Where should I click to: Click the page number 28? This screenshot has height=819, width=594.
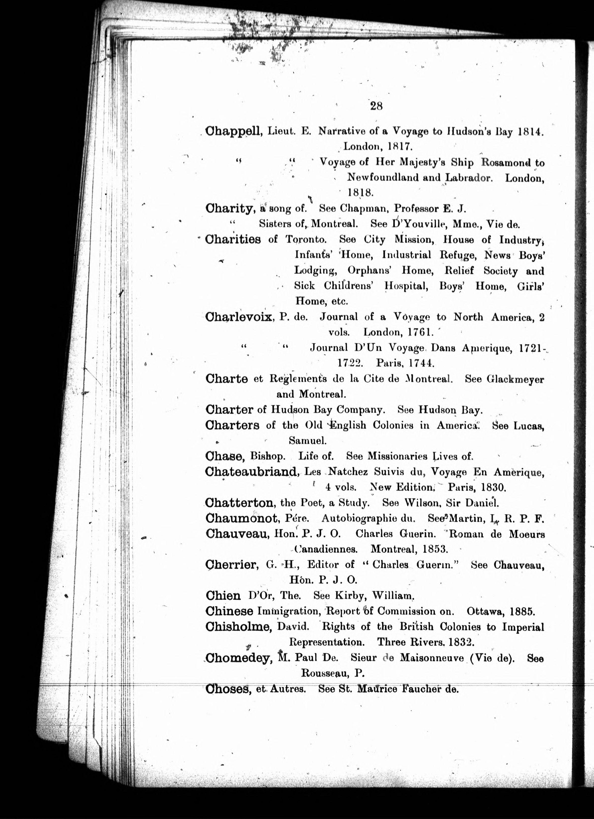(x=376, y=106)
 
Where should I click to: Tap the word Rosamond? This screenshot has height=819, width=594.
(x=506, y=162)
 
